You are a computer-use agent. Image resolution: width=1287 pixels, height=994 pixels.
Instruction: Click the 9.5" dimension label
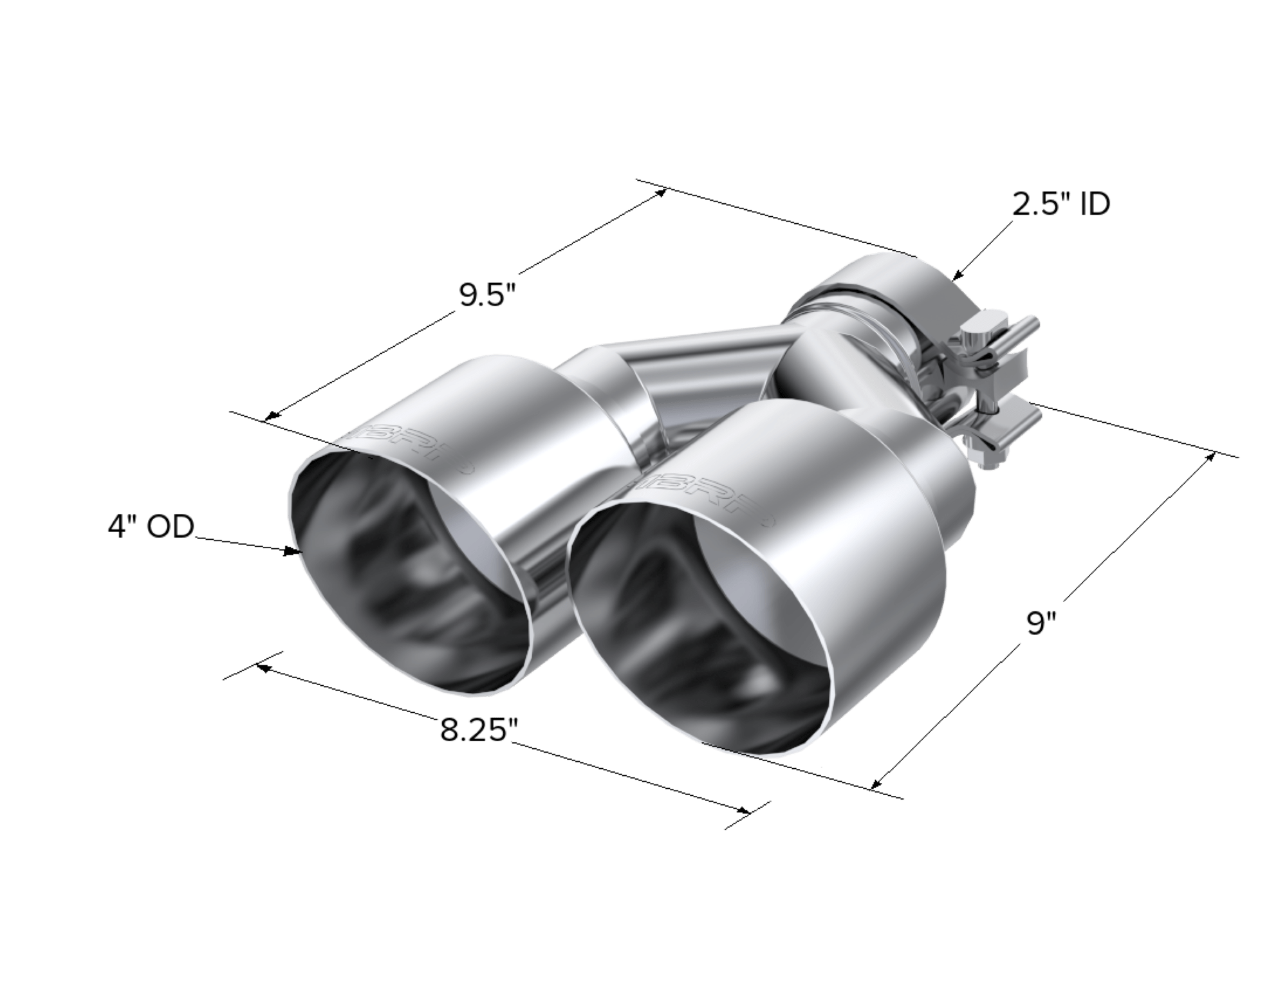pos(488,297)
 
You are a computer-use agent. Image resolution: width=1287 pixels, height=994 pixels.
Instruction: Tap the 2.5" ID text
pos(1060,205)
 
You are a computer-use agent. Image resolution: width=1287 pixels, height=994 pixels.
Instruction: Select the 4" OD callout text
pos(151,527)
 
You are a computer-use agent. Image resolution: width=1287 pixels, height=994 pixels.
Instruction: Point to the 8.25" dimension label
pos(480,731)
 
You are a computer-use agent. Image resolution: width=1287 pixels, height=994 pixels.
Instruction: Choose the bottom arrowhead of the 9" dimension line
pos(875,786)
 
